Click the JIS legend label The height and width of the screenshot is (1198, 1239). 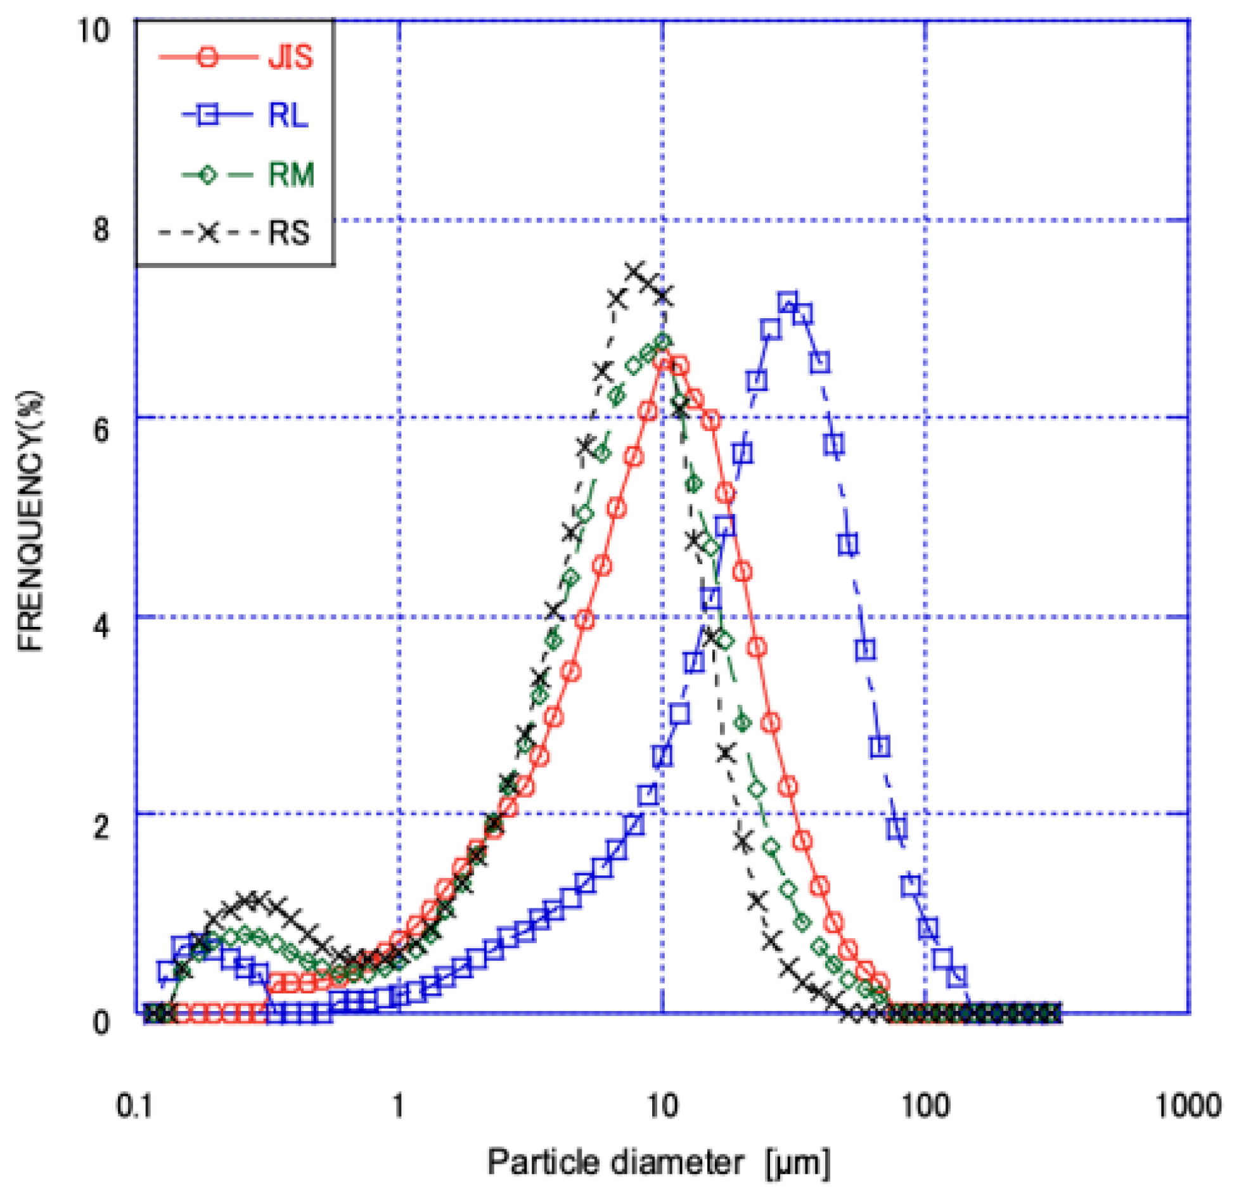click(290, 57)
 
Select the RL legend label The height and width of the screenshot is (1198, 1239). click(288, 115)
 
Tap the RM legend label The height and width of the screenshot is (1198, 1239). click(291, 174)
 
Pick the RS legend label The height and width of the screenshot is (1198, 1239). click(289, 232)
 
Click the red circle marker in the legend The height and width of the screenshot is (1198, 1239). click(207, 58)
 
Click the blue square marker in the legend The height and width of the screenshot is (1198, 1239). click(207, 115)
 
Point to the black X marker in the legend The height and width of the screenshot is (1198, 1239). click(208, 233)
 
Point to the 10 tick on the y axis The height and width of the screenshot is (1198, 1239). click(94, 30)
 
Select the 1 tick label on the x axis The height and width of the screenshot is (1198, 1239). click(398, 1106)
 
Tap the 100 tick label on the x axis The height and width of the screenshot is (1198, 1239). click(925, 1106)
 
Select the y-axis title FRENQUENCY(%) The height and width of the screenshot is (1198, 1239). click(30, 521)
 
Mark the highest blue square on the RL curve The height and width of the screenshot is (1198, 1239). click(787, 302)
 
